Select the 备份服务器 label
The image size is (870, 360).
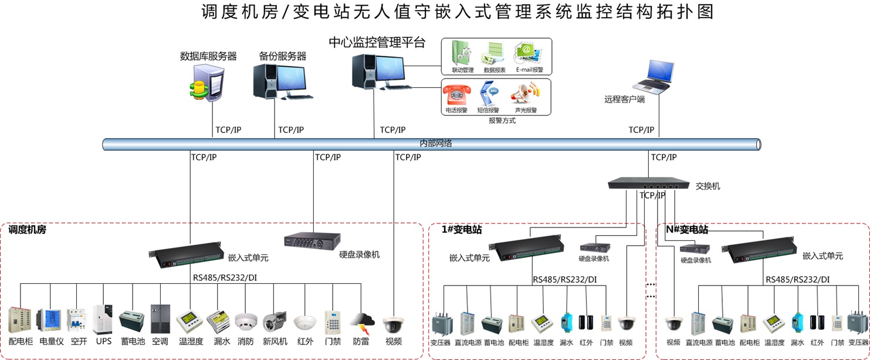coord(283,57)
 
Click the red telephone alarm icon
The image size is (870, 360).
coord(456,94)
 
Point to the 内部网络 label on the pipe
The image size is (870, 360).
coord(435,143)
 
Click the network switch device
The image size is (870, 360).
coord(648,184)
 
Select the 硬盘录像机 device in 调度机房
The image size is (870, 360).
coord(312,240)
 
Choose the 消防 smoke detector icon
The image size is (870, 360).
coord(246,322)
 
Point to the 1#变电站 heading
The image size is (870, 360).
coord(462,230)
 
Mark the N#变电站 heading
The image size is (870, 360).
coord(686,230)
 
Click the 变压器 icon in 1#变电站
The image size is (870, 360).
coord(441,324)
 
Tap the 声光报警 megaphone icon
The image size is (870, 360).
coord(525,94)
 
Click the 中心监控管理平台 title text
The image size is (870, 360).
coord(377,43)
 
